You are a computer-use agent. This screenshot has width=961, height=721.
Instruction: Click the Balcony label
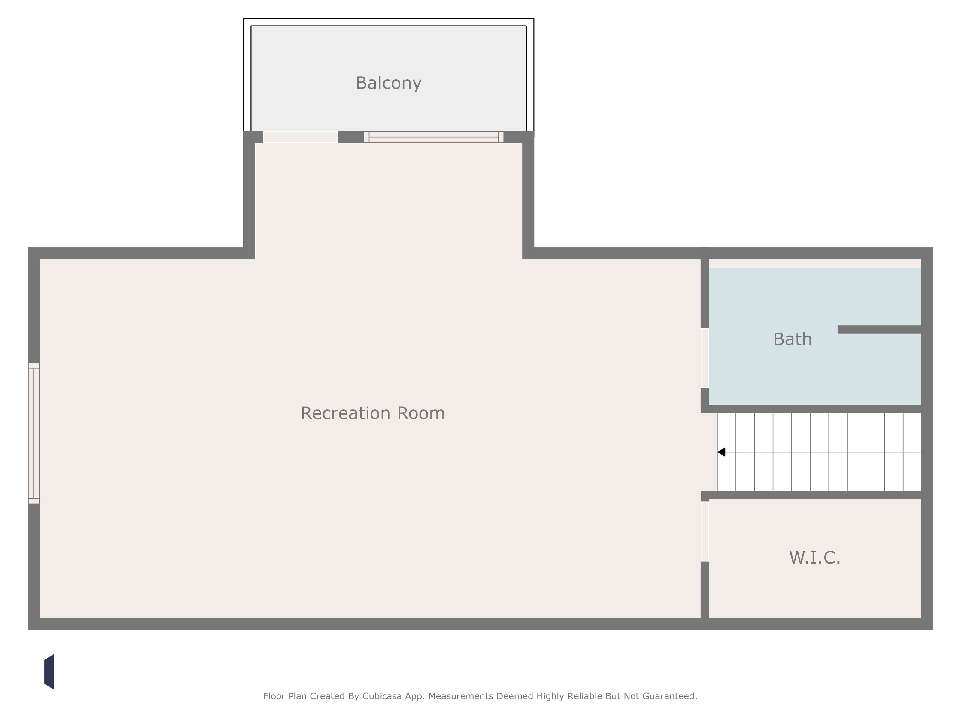(x=388, y=83)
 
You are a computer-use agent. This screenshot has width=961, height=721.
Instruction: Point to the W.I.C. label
(x=814, y=558)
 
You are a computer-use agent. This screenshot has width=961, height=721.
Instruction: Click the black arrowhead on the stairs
(x=721, y=452)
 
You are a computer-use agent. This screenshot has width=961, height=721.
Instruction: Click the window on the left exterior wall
(x=34, y=433)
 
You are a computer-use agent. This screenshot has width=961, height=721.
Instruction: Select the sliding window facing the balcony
(x=434, y=137)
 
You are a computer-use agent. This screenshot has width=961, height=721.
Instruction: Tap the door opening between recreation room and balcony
(x=301, y=137)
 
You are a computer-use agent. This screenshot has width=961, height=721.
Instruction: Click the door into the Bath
(x=705, y=358)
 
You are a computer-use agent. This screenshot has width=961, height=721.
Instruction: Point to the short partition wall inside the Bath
(x=879, y=330)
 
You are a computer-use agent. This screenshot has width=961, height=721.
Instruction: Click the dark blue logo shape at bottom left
(x=49, y=672)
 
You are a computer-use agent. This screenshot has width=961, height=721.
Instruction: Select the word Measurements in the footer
(x=460, y=696)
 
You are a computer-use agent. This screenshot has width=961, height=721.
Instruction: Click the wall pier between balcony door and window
(x=350, y=137)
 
